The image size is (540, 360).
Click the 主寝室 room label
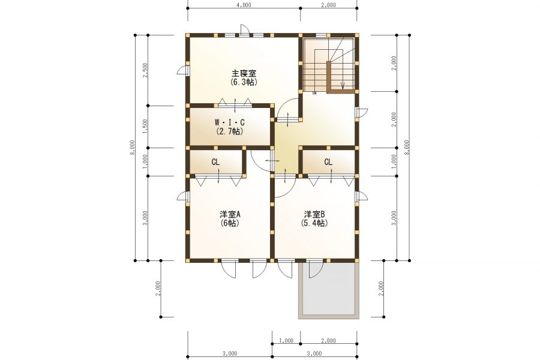(244, 73)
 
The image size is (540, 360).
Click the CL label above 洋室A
(215, 162)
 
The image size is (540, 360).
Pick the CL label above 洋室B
(328, 162)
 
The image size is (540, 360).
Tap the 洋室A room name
(230, 214)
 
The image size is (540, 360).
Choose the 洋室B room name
(314, 214)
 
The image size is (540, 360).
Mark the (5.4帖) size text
(314, 223)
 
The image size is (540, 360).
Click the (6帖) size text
(230, 223)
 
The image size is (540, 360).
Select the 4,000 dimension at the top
(244, 5)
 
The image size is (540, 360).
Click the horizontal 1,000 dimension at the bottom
(286, 340)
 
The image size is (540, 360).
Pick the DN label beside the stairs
(314, 93)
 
